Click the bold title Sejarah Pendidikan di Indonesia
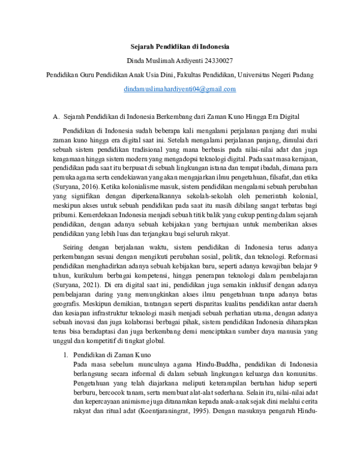tap(180, 47)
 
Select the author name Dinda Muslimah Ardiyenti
tap(163, 61)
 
